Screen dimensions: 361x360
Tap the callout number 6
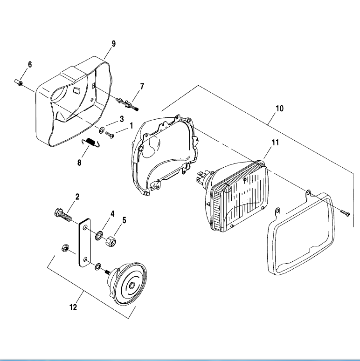(x=30, y=64)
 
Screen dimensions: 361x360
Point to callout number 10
(x=279, y=108)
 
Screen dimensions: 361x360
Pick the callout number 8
(x=79, y=163)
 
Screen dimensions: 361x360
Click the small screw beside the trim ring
(x=345, y=213)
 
